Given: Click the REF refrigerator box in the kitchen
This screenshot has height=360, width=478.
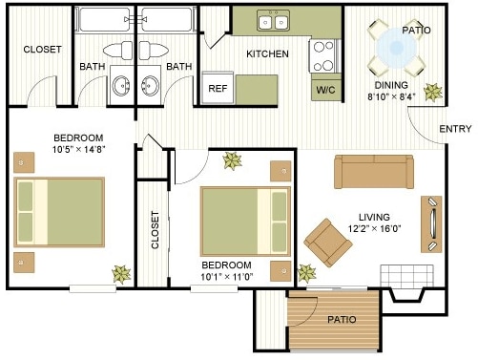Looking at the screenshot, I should pos(217,87).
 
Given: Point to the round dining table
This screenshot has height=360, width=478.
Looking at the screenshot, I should pos(395,48).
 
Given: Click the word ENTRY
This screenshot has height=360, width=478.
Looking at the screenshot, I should pos(455,129).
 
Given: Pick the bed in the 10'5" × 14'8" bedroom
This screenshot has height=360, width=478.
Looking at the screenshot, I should pos(58,212).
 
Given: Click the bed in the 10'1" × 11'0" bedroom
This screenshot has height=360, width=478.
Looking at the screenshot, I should pos(244,221).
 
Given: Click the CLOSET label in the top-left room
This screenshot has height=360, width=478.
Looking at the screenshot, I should pos(42,49).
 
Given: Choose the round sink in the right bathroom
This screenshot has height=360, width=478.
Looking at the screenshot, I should pos(150,86).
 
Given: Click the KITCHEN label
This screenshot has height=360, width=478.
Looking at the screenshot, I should pos(267,54).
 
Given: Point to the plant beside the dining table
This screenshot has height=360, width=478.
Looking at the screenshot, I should pos(432,93).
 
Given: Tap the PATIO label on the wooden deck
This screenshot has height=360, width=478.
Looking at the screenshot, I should pos(341,319).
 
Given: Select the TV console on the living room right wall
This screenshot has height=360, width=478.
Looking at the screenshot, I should pos(431,224).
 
